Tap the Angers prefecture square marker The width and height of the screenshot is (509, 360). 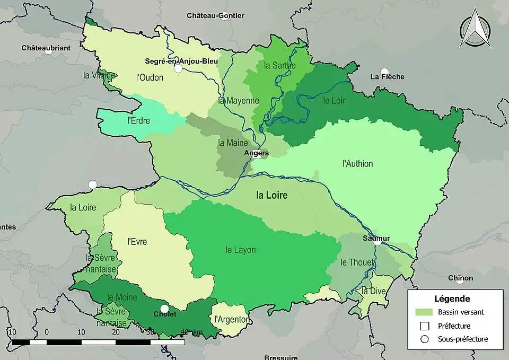(256, 155)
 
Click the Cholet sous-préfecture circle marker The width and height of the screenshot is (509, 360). (164, 309)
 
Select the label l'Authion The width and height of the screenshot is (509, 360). (357, 164)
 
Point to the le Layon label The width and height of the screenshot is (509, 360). (241, 250)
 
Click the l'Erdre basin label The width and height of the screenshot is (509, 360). (139, 120)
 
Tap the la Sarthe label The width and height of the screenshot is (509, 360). (279, 66)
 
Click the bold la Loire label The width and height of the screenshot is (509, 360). (271, 195)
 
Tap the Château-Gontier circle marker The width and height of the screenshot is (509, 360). (224, 16)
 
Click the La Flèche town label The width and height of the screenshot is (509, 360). (387, 77)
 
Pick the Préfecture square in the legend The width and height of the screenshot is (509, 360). (425, 326)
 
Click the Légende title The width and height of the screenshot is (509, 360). (452, 299)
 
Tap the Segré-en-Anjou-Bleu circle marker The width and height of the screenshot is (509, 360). (178, 68)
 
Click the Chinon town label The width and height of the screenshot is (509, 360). (461, 278)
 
